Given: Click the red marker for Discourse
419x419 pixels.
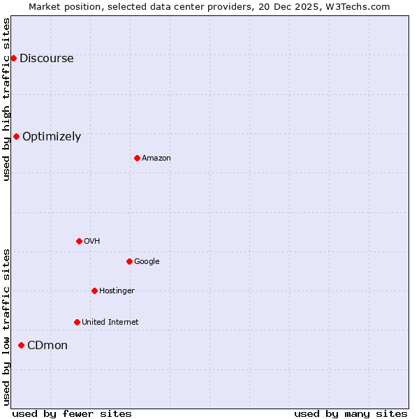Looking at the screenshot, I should pyautogui.click(x=13, y=58).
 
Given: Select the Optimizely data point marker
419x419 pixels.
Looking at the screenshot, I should pyautogui.click(x=16, y=136).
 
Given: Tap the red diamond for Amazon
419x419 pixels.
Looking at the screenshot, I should pyautogui.click(x=137, y=158).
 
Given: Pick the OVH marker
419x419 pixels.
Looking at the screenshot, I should pyautogui.click(x=79, y=241).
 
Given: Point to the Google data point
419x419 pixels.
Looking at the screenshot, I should pyautogui.click(x=129, y=261).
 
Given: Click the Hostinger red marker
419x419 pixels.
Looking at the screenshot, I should pyautogui.click(x=94, y=291).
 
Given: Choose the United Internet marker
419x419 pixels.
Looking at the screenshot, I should pyautogui.click(x=77, y=322).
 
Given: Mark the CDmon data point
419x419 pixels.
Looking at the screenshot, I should pyautogui.click(x=21, y=345).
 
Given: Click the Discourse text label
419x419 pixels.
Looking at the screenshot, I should pyautogui.click(x=46, y=59).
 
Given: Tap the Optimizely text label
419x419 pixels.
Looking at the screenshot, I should pyautogui.click(x=52, y=137).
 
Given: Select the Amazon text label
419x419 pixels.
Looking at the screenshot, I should pyautogui.click(x=156, y=159).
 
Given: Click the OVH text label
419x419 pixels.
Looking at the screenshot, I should pyautogui.click(x=91, y=242).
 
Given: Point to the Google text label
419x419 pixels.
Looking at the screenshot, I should pyautogui.click(x=147, y=262).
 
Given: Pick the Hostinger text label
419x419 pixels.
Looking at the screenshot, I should pyautogui.click(x=117, y=291).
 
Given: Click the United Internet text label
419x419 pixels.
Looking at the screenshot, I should pyautogui.click(x=110, y=323).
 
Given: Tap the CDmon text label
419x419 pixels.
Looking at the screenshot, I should pyautogui.click(x=47, y=346).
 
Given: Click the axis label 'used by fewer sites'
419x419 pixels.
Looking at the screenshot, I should pyautogui.click(x=72, y=413).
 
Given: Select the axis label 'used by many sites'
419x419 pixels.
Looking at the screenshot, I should pyautogui.click(x=351, y=413).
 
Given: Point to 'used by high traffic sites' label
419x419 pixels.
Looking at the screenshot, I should pyautogui.click(x=6, y=99).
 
